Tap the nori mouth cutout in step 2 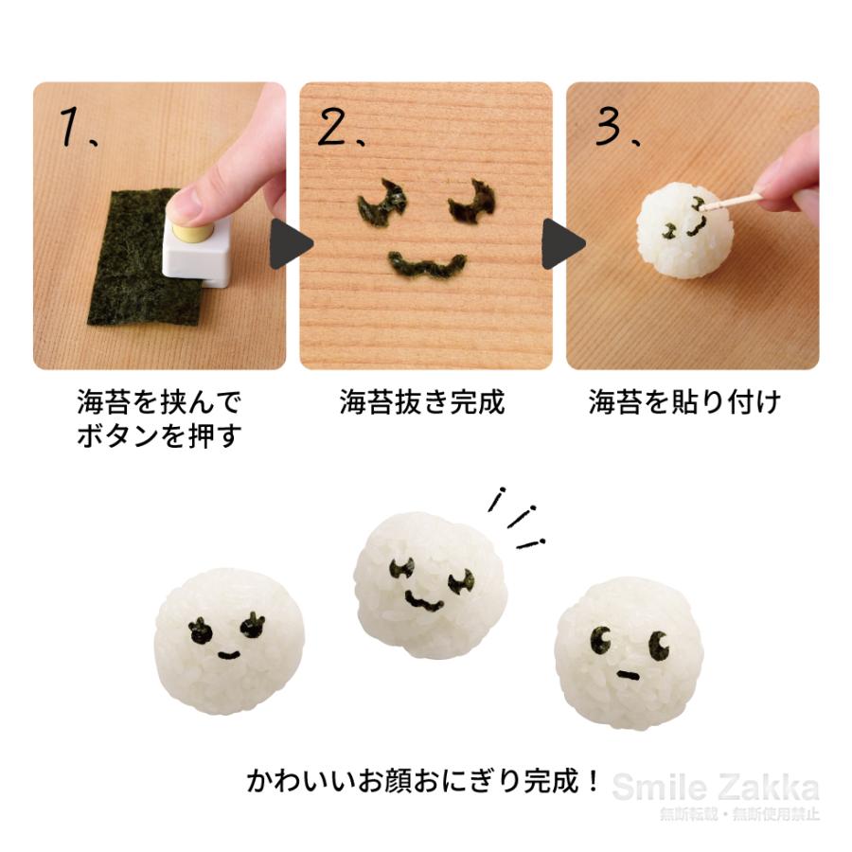point(427,264)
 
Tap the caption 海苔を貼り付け point(685,402)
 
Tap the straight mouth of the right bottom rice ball point(625,673)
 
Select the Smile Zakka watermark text point(715,787)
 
